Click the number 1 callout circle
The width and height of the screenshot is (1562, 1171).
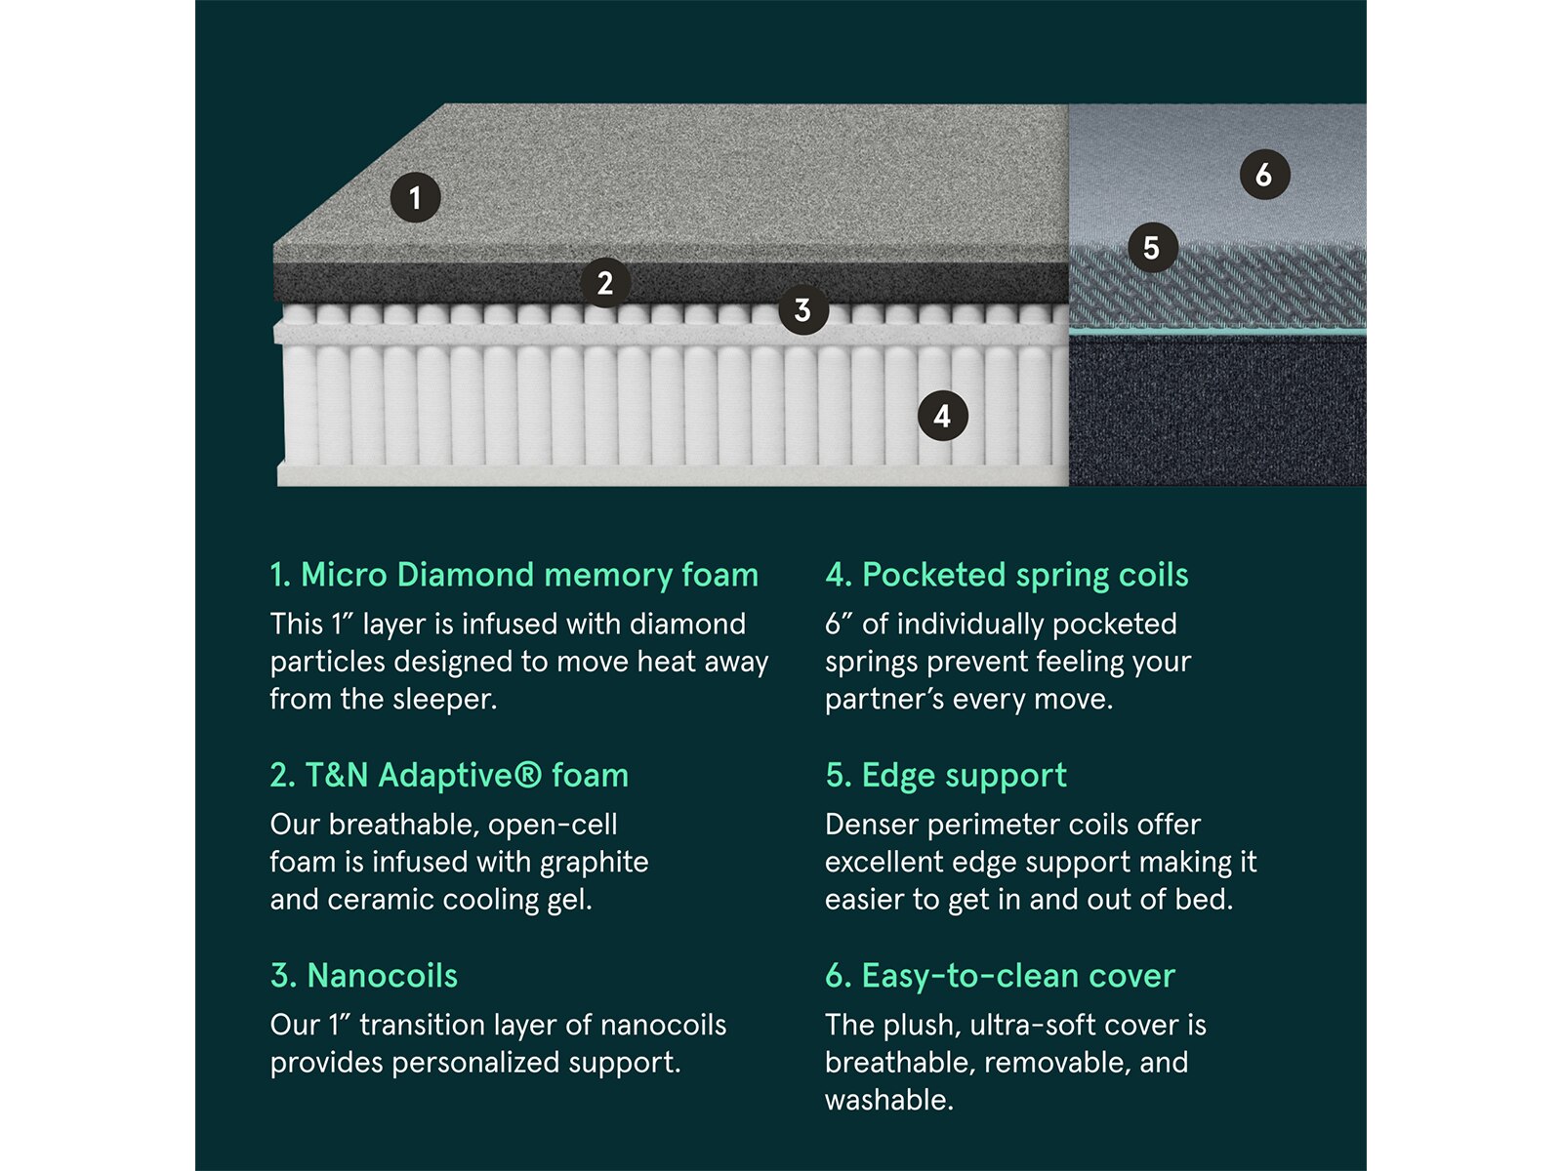pos(415,197)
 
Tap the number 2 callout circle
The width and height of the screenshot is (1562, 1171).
pos(605,282)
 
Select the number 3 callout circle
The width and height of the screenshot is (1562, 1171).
pos(802,309)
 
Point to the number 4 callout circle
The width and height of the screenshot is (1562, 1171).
pos(942,416)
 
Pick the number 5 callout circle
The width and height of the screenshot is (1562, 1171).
pos(1152,248)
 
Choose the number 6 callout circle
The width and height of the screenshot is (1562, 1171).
pos(1264,175)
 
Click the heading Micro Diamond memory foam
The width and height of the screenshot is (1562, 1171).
pos(514,575)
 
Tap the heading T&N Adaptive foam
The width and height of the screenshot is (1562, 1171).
pos(449,775)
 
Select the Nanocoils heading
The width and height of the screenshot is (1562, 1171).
pos(363,976)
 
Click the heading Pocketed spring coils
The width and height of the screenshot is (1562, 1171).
pos(1007,575)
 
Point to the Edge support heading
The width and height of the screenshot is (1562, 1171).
pos(946,776)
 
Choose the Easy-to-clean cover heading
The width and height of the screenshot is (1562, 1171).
pos(1000,976)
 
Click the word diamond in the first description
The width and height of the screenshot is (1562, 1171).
pos(687,625)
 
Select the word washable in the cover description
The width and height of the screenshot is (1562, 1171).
pos(888,1100)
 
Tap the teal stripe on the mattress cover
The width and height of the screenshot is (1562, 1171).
pos(1216,332)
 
